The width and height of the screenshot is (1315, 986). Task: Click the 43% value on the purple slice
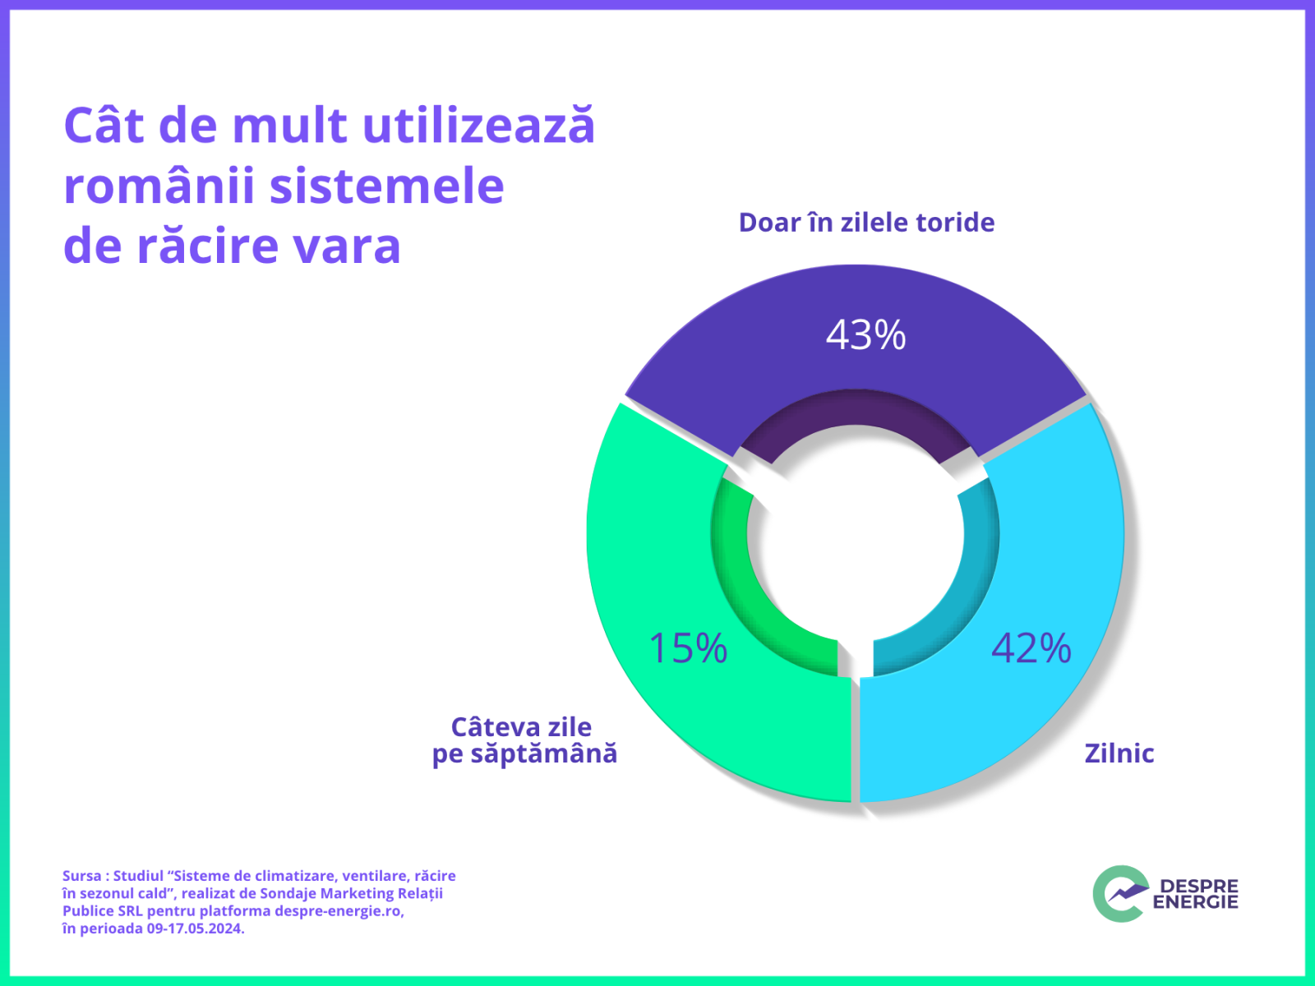point(865,335)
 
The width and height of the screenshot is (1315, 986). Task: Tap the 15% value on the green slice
point(689,648)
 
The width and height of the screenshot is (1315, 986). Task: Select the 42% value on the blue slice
point(1031,648)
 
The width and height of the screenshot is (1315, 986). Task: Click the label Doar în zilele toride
point(866,223)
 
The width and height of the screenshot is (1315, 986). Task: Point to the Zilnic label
point(1119,753)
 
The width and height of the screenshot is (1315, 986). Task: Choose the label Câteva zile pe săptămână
point(524,740)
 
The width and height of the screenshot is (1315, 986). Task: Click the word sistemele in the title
point(386,186)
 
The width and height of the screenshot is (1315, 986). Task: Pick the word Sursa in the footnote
point(81,876)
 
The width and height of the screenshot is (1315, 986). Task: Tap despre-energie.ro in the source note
point(338,911)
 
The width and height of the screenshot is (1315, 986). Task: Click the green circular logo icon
point(1119,893)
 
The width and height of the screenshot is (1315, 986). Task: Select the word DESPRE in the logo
point(1198,886)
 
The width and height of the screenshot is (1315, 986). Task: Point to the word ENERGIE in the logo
point(1195,902)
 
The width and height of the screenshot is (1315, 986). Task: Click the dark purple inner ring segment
point(855,410)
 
